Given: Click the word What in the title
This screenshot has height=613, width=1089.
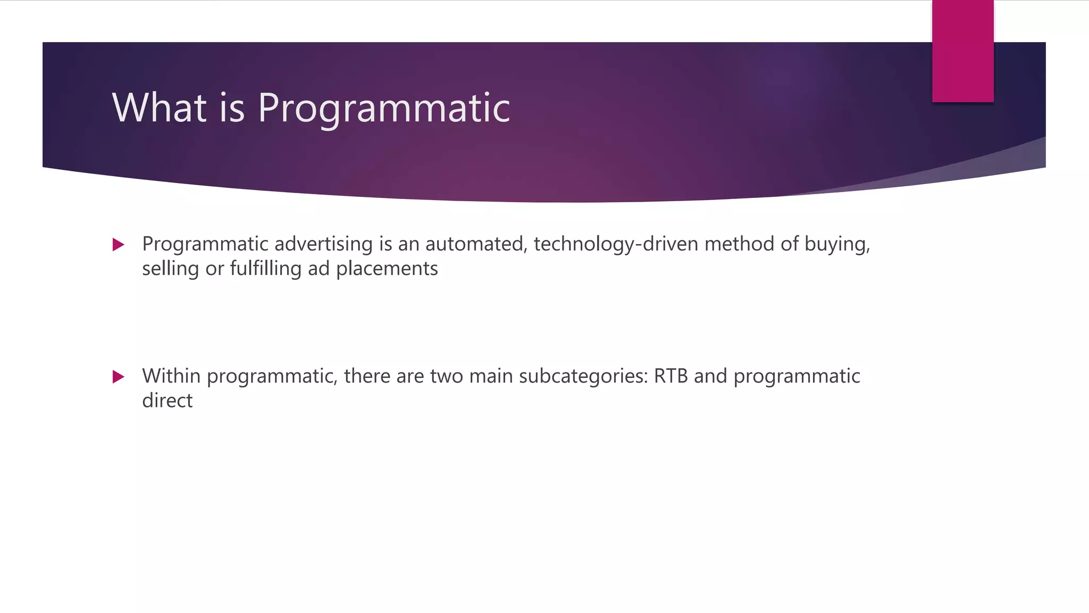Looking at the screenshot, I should pyautogui.click(x=159, y=107).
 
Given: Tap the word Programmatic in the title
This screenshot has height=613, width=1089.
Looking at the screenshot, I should pyautogui.click(x=384, y=109).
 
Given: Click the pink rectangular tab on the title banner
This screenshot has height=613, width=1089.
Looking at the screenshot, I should pyautogui.click(x=962, y=51).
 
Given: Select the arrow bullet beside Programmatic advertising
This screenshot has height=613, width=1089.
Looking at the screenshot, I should pyautogui.click(x=119, y=245).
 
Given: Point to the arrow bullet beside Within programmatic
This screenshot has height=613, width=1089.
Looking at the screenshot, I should pyautogui.click(x=119, y=377).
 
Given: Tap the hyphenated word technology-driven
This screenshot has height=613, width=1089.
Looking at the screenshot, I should pyautogui.click(x=616, y=244).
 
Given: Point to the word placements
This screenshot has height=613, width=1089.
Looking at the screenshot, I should pyautogui.click(x=387, y=269).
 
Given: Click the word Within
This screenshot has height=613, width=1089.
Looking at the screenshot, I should pyautogui.click(x=171, y=376).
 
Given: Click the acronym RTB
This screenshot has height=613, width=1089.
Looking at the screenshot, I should pyautogui.click(x=671, y=376).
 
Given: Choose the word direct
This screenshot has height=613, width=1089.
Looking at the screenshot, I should pyautogui.click(x=167, y=401).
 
